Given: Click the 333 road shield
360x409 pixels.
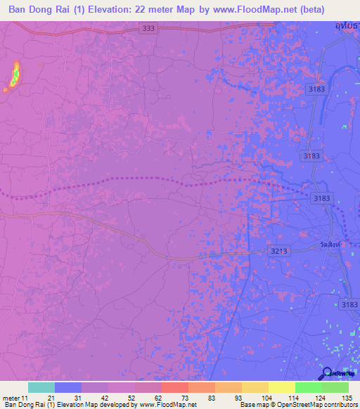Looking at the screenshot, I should tap(148, 29).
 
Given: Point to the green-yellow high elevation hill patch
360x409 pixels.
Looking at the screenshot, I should tap(14, 75).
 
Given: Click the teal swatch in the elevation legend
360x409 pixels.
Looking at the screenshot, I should tap(41, 387).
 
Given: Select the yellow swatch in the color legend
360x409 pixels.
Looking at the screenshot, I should tap(281, 387).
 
